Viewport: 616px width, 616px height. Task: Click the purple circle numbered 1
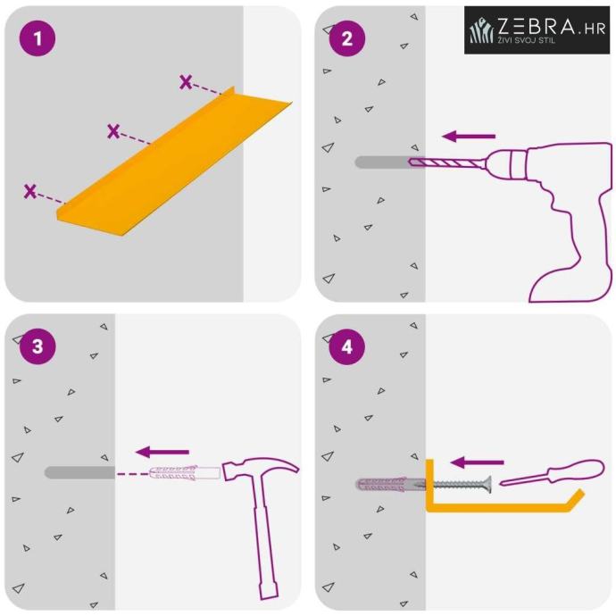[37, 38]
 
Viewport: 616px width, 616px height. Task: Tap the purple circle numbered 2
[347, 38]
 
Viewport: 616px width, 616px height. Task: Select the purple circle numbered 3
[37, 346]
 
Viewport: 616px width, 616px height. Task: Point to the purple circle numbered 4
[347, 347]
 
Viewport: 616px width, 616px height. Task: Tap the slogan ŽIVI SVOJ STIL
[527, 39]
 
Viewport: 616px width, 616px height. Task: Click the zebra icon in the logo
[482, 30]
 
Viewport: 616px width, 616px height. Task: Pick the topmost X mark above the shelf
[186, 82]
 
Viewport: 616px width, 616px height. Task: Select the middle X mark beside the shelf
[113, 131]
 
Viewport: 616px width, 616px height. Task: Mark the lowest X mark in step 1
[29, 191]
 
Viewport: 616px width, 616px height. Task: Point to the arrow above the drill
[469, 137]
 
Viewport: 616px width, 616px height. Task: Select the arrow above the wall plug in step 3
[162, 452]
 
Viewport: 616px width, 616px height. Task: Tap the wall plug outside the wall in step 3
[185, 472]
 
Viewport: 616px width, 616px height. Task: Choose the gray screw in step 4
[460, 485]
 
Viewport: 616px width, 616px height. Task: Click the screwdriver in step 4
[553, 472]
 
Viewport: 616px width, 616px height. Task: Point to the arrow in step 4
[477, 462]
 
